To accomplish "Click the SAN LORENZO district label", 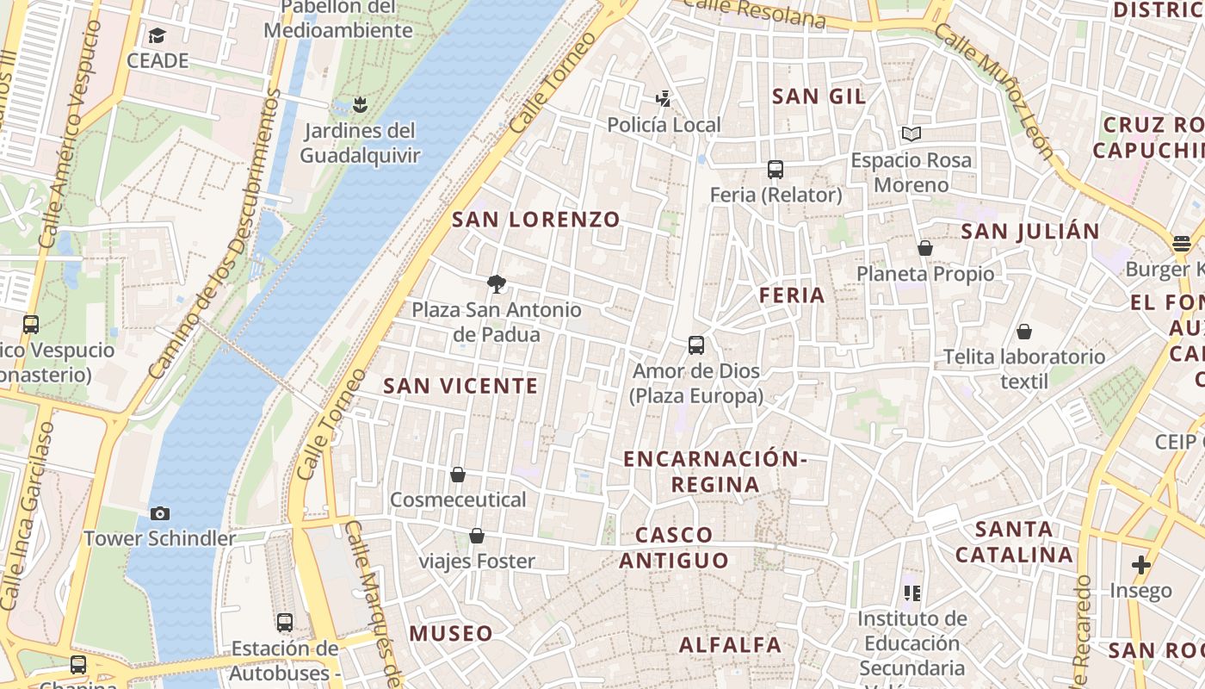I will (x=535, y=220).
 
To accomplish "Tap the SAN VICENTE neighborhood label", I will (x=460, y=386).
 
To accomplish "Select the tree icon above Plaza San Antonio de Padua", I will (x=496, y=283).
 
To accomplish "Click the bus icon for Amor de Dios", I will (x=696, y=345).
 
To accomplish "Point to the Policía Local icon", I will (x=663, y=99).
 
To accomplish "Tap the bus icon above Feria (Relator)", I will (x=776, y=170).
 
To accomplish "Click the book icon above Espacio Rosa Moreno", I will (x=911, y=134).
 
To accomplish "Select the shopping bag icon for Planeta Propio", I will (x=925, y=248).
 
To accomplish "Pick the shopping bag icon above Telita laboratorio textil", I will (x=1024, y=332).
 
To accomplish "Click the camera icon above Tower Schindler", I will (x=159, y=514).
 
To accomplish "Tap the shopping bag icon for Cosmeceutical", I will (x=458, y=475).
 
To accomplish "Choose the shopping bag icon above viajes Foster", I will (x=477, y=537).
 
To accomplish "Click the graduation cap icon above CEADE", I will (x=157, y=35).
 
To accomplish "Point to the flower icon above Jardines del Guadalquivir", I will (x=360, y=105).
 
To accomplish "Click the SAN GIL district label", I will (x=819, y=96).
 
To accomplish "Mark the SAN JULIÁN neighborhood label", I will (x=1029, y=232).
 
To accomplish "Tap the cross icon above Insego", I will (x=1141, y=565).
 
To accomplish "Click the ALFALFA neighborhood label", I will (x=730, y=645).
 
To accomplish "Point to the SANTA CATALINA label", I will (x=1015, y=542).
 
